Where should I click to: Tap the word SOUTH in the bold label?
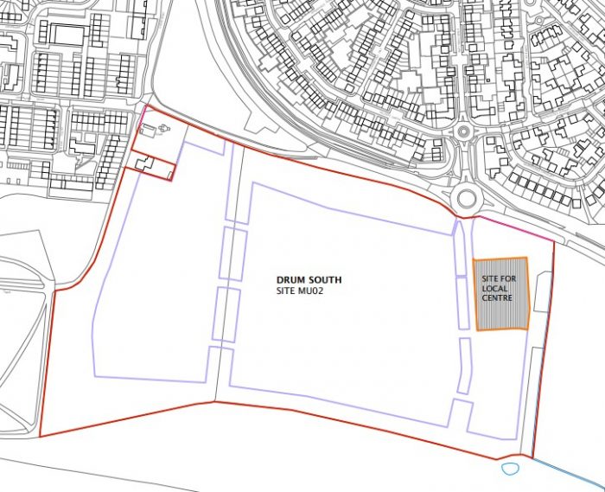(325, 280)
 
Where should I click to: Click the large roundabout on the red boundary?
(467, 198)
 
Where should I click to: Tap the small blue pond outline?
(508, 470)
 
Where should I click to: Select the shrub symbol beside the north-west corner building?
(163, 129)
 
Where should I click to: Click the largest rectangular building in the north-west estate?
(65, 35)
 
